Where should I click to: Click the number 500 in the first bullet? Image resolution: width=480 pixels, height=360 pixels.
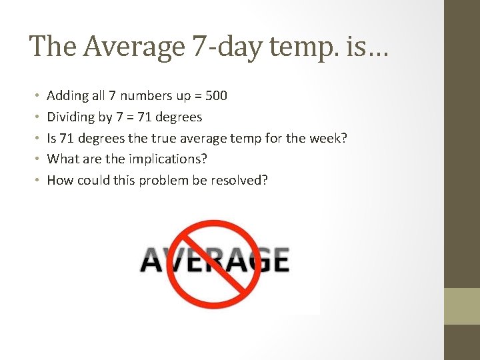click(x=216, y=95)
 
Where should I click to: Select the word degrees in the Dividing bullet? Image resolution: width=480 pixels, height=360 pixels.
click(x=178, y=117)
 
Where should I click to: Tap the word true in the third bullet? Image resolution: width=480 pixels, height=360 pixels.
click(x=165, y=138)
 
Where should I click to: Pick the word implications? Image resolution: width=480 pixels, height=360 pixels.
click(x=167, y=159)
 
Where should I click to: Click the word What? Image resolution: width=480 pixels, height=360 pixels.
click(x=63, y=159)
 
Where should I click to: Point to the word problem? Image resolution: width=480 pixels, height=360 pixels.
click(x=164, y=180)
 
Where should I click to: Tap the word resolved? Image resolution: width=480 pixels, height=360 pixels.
click(x=239, y=180)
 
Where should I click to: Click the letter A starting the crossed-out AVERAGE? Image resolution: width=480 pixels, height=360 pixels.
click(x=153, y=260)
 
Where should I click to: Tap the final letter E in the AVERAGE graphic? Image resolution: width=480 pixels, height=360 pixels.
click(x=277, y=260)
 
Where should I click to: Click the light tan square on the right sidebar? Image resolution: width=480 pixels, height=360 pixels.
click(x=462, y=306)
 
